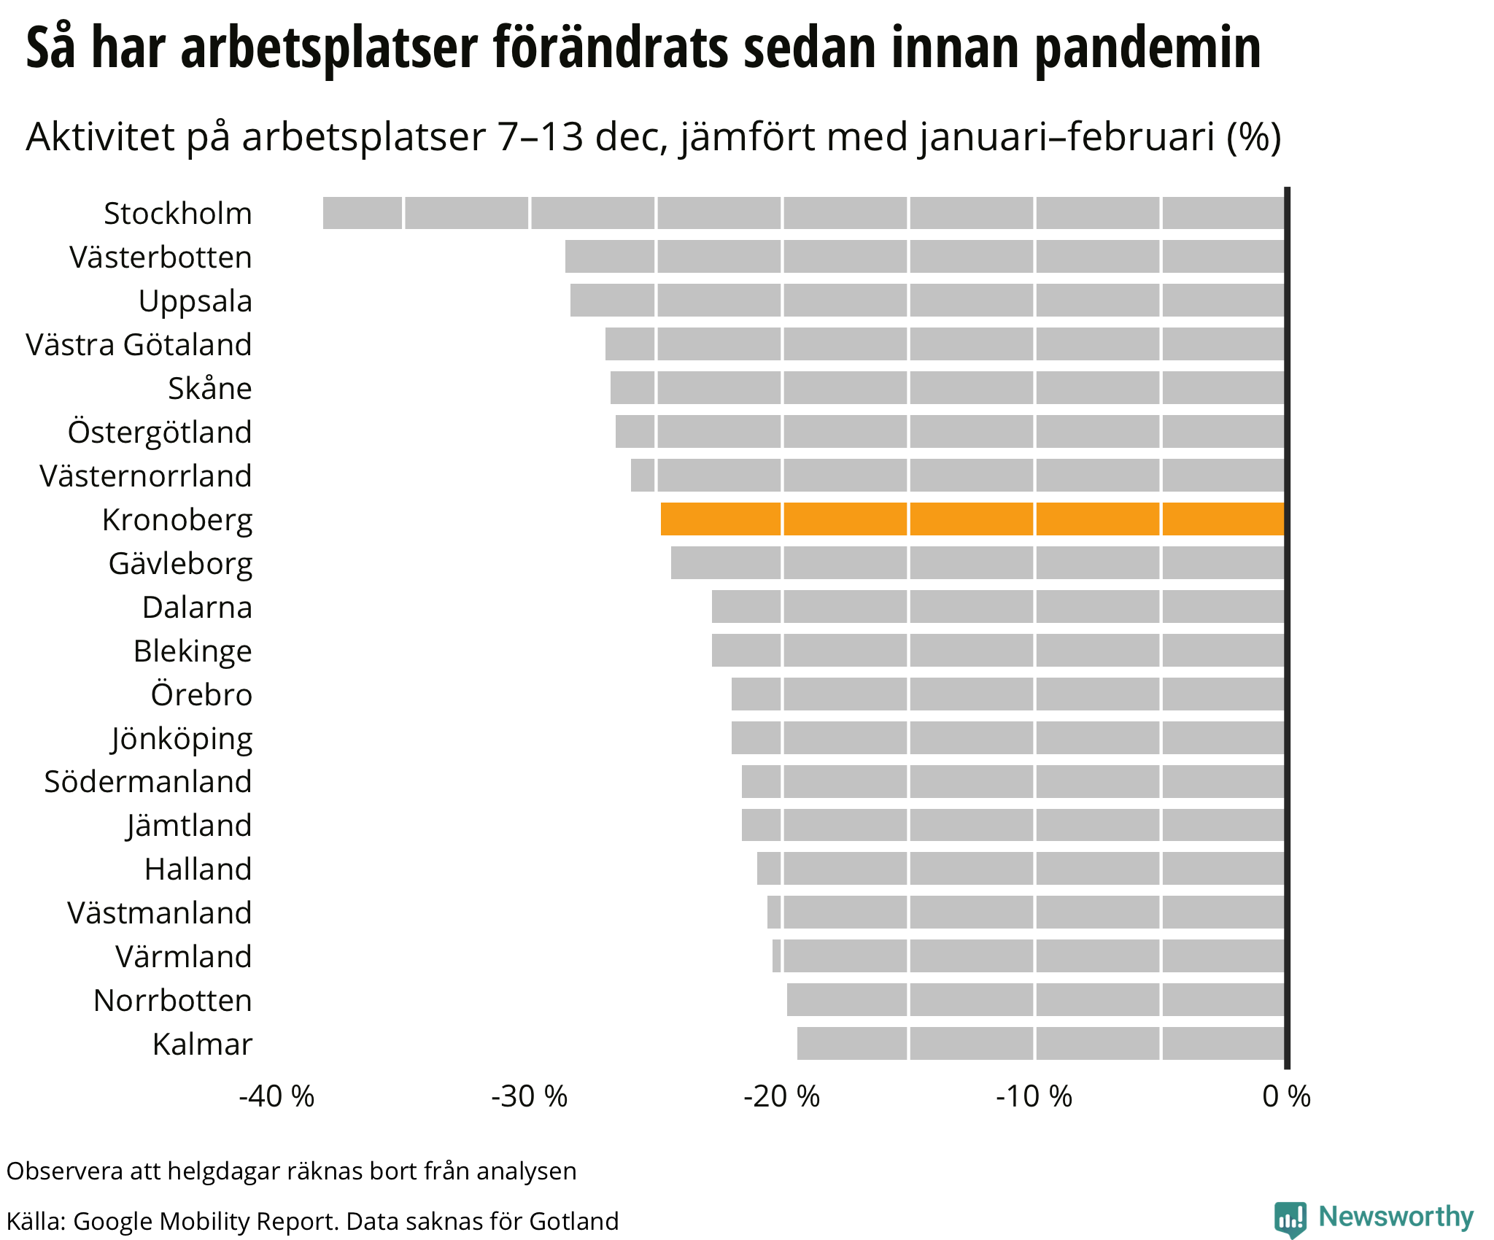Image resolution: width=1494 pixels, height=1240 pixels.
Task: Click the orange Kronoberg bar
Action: [972, 519]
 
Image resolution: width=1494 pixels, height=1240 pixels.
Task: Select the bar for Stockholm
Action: [802, 213]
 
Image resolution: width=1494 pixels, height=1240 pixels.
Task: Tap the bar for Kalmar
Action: [1040, 1043]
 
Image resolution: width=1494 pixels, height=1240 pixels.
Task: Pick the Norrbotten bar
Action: [1035, 999]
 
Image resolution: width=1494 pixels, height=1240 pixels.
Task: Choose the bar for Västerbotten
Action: [924, 257]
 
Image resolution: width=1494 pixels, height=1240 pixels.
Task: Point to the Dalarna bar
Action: [997, 607]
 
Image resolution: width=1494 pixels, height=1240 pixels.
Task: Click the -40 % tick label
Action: [276, 1096]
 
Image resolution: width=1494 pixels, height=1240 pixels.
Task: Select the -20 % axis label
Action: [782, 1096]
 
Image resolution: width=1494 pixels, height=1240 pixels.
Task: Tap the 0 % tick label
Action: [1287, 1096]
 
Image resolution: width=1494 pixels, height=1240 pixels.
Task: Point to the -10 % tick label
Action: [1034, 1096]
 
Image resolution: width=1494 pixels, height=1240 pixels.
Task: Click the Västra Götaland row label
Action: [139, 345]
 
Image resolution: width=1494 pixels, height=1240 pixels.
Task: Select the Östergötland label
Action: [160, 433]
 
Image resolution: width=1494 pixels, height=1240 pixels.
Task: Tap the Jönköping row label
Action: [182, 739]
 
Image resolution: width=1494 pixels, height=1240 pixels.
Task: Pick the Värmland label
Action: [183, 957]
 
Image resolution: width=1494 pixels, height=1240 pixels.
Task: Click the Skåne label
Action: [209, 389]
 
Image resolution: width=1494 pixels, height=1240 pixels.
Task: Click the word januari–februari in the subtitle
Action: [1068, 137]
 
